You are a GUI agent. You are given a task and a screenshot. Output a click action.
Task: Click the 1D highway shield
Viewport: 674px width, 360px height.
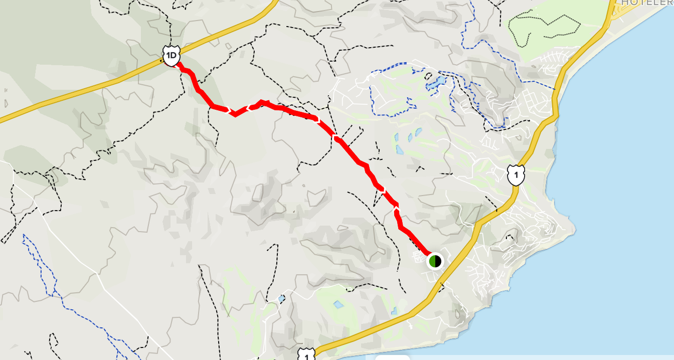coord(171,56)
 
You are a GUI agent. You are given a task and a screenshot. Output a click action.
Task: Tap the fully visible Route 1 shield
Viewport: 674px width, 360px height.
coord(516,175)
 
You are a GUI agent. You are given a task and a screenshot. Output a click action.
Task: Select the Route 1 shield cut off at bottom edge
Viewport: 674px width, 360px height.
coord(305,354)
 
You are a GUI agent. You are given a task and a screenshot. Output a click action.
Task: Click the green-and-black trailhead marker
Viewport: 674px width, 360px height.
coord(435,261)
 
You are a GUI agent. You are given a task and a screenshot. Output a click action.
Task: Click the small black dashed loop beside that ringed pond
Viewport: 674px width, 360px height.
coord(429,77)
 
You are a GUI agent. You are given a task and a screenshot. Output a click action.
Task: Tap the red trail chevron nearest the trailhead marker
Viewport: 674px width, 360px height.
coord(397,207)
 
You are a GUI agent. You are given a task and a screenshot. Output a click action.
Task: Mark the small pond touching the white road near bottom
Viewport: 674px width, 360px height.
coord(282,298)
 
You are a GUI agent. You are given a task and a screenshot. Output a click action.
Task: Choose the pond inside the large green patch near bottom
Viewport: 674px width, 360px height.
coord(338,304)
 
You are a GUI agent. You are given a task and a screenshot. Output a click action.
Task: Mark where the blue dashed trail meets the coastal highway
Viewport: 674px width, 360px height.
coord(555,89)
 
